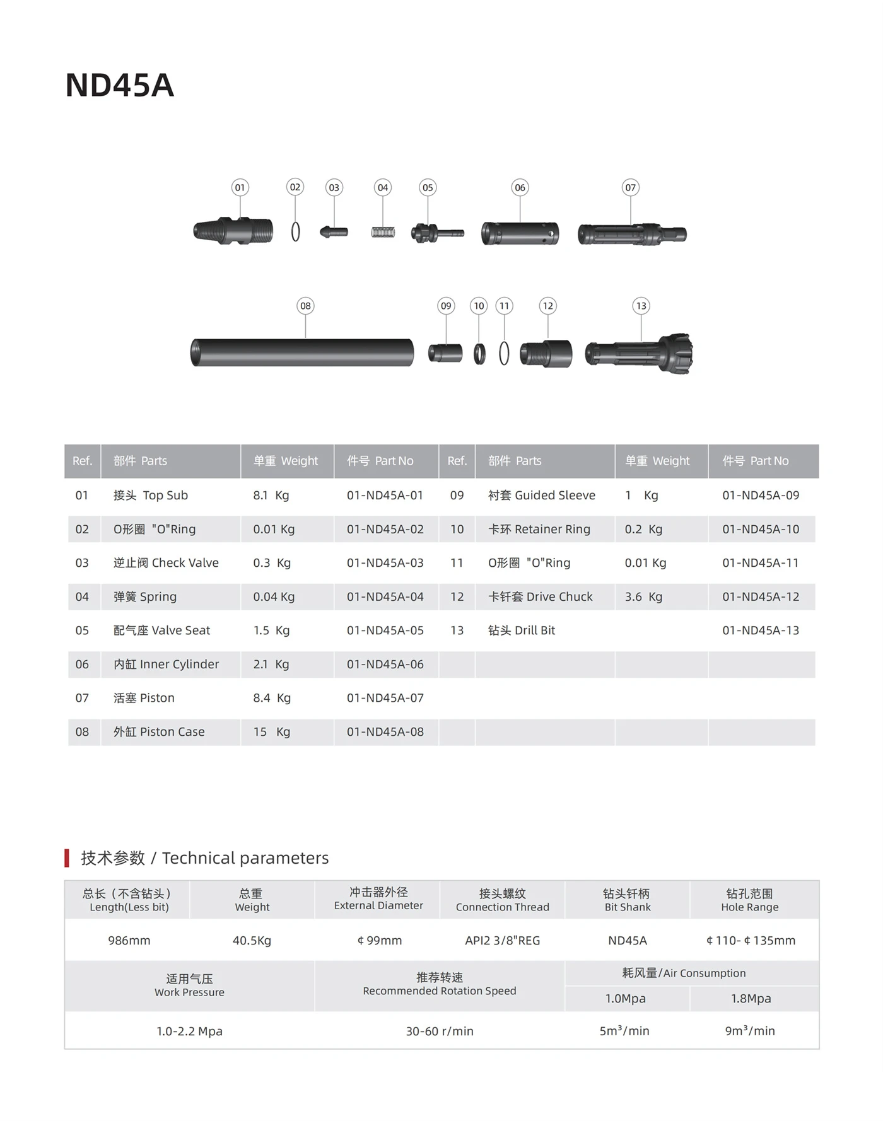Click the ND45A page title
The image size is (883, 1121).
pyautogui.click(x=120, y=85)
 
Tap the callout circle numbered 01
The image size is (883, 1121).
pyautogui.click(x=240, y=187)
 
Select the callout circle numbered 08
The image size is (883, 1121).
pyautogui.click(x=305, y=306)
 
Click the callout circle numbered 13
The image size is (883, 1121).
pyautogui.click(x=641, y=306)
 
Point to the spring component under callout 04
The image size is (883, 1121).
pyautogui.click(x=383, y=232)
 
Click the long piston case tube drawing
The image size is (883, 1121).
pyautogui.click(x=302, y=352)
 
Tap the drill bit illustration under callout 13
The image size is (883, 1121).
pyautogui.click(x=638, y=354)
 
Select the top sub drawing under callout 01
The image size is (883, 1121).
pyautogui.click(x=233, y=231)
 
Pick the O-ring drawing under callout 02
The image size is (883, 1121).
pyautogui.click(x=295, y=231)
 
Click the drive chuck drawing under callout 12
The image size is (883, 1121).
pyautogui.click(x=546, y=353)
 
